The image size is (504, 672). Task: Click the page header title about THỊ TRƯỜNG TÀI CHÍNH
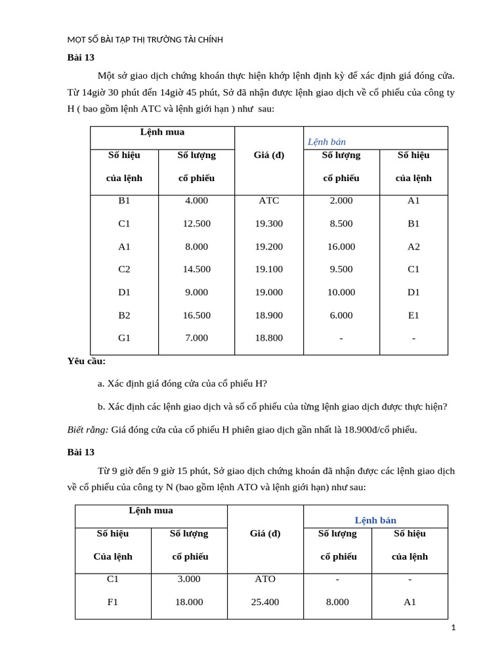145,39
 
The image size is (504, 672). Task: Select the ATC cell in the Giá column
269,201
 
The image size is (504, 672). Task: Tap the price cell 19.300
269,224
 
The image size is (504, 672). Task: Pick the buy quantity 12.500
196,224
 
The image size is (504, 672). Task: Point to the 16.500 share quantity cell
196,316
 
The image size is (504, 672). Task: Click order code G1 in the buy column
124,338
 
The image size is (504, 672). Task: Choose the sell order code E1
413,316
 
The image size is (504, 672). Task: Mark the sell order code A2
413,247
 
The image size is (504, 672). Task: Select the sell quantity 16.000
341,247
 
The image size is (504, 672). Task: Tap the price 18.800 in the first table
269,338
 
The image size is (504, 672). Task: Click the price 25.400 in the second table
265,602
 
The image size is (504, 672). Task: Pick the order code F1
113,602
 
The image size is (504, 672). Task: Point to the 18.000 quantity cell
189,602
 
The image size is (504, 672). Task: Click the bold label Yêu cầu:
86,361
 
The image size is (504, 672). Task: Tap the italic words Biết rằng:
87,430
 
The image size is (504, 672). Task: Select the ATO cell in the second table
265,579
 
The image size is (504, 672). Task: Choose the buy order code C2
124,269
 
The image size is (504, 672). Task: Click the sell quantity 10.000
341,293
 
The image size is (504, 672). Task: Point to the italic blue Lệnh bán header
327,142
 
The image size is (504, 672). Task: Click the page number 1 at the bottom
453,628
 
